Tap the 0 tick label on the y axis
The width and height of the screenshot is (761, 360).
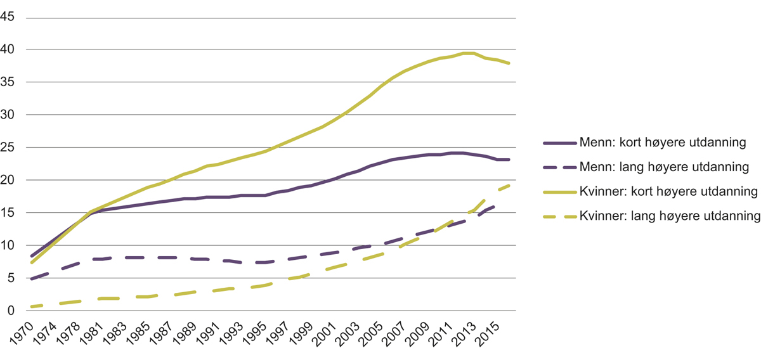[x=11, y=311]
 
